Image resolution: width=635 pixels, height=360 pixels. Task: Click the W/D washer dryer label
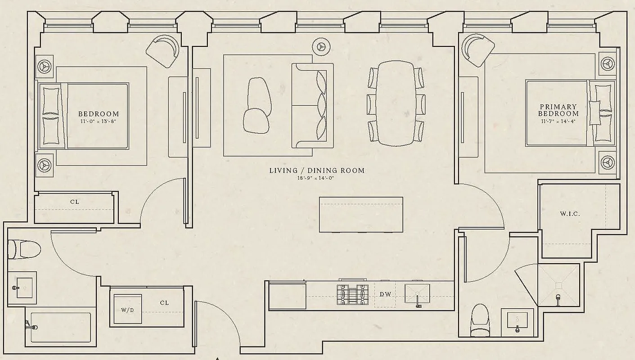tap(128, 310)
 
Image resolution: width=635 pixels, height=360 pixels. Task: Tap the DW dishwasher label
tap(385, 294)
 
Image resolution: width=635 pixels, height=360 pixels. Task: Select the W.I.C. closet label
tap(570, 214)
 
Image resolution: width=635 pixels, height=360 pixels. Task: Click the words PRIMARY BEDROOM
tap(558, 110)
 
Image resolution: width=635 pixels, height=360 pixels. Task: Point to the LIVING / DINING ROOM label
tap(316, 171)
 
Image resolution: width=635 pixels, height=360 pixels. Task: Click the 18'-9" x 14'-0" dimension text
tap(316, 178)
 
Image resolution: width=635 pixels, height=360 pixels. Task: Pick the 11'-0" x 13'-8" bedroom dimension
tap(99, 121)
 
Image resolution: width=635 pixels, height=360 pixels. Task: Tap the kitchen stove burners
tap(352, 295)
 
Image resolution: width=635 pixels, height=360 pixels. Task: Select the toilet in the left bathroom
tap(24, 249)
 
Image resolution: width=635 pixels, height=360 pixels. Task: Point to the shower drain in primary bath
tap(558, 285)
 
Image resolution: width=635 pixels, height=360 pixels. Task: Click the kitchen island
tap(361, 215)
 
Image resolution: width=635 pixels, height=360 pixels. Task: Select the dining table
tap(396, 103)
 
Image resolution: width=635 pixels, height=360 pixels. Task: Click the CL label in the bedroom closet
tap(75, 202)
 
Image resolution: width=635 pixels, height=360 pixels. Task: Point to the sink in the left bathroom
tap(21, 287)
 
